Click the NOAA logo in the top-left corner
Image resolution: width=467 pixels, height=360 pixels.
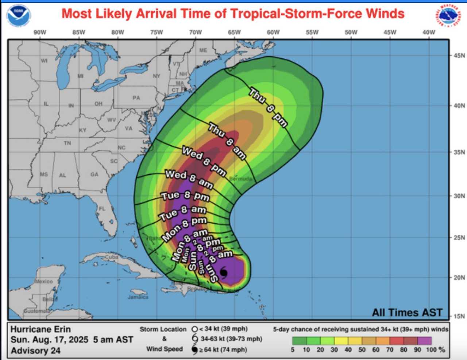19,16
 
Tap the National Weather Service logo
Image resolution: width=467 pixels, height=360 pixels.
448,16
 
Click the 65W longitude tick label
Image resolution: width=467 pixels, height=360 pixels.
234,32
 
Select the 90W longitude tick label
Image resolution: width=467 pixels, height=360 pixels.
40,32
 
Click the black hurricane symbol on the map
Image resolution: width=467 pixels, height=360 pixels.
224,272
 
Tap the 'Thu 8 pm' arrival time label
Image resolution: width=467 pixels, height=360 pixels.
268,107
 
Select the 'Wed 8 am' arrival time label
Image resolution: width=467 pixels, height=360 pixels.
189,179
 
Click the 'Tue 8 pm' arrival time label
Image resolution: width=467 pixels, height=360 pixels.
185,196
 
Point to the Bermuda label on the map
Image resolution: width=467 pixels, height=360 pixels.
241,179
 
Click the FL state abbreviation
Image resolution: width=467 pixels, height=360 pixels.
102,209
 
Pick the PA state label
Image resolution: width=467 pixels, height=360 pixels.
136,98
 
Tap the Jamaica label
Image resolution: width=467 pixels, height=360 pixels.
138,297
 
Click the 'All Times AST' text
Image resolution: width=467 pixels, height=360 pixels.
407,313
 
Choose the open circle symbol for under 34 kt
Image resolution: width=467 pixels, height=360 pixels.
194,329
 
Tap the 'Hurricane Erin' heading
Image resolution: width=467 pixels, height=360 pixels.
40,329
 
